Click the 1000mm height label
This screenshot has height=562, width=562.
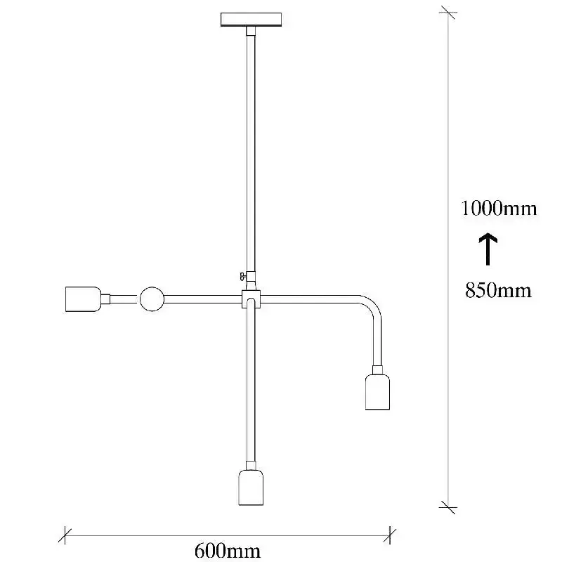(499, 208)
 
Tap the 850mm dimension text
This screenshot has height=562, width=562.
(498, 290)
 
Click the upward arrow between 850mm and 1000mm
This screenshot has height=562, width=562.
(488, 249)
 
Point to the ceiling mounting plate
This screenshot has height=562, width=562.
(251, 20)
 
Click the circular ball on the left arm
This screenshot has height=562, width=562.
(152, 299)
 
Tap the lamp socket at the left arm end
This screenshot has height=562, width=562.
(83, 299)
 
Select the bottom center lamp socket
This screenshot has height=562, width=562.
(251, 488)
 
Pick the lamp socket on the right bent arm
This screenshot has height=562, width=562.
(377, 392)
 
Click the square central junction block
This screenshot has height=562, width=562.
(251, 299)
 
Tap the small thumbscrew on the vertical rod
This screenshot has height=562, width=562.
(242, 276)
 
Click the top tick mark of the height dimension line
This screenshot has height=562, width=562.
(448, 13)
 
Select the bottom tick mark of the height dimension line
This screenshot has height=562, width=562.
(448, 507)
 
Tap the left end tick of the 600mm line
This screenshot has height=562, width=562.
(65, 536)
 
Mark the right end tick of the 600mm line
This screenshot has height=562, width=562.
(390, 536)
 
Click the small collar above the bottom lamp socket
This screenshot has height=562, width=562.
(251, 465)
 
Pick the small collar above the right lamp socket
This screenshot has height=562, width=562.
(377, 370)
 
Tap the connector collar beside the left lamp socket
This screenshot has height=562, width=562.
(105, 299)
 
